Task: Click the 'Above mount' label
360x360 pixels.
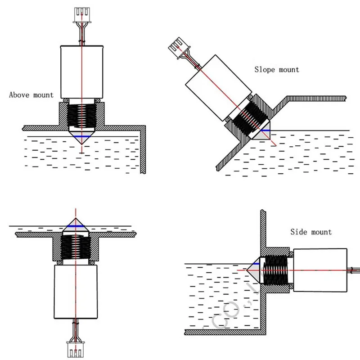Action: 31,95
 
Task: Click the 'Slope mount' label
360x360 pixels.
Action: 276,69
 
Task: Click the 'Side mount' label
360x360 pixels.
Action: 310,232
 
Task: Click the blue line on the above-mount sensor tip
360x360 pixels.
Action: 81,136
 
